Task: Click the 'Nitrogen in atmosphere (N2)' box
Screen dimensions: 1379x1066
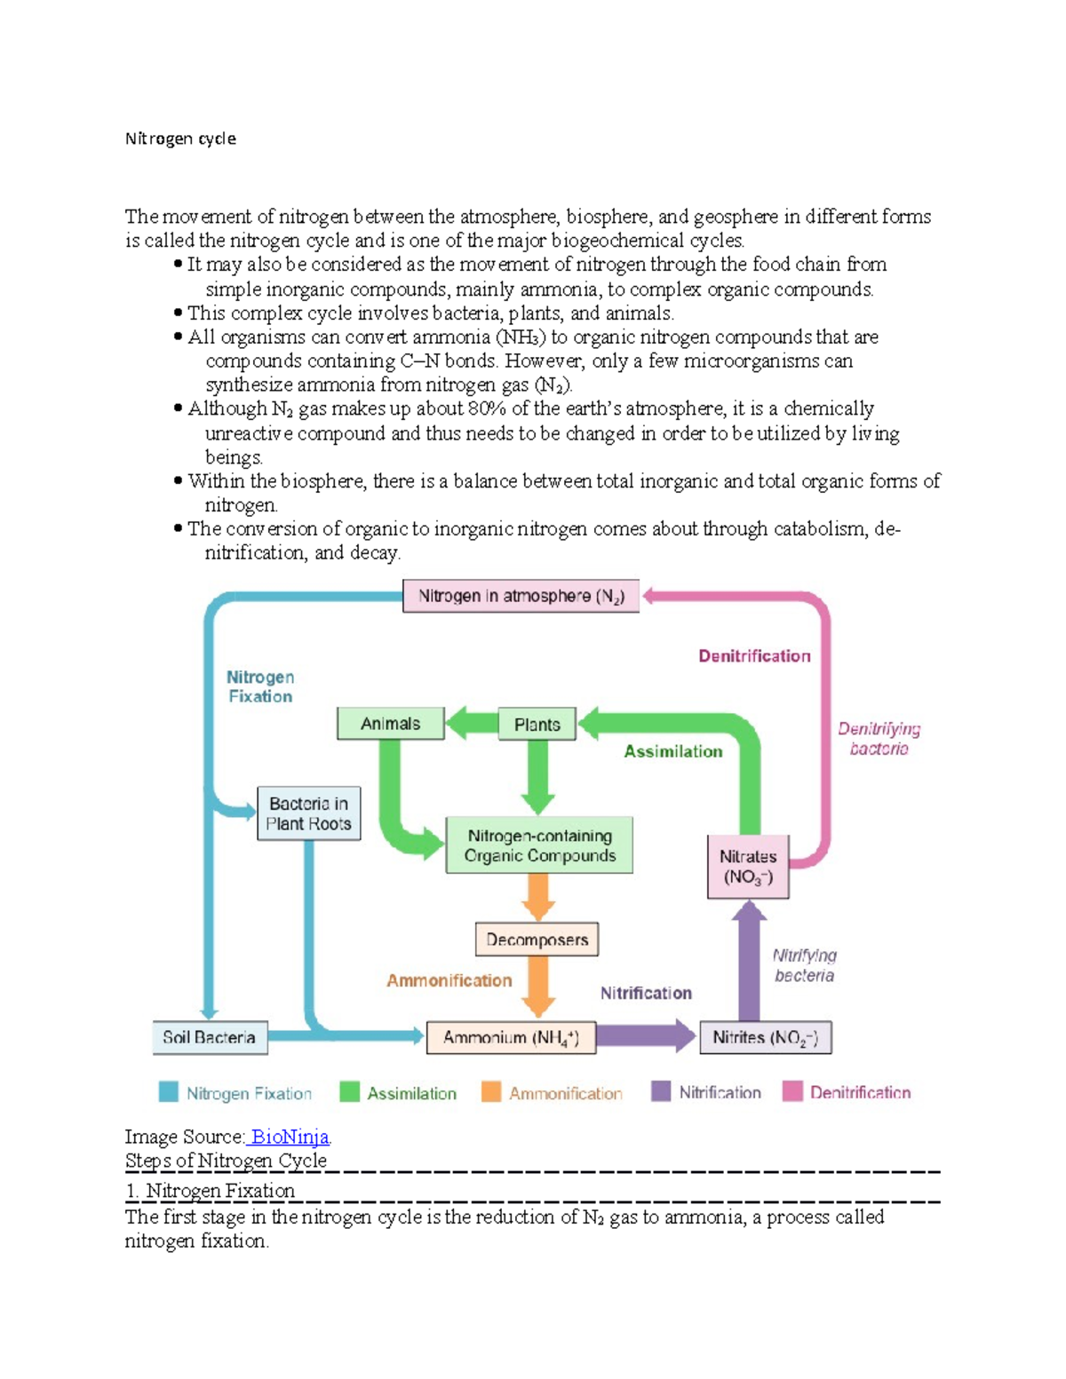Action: click(x=521, y=596)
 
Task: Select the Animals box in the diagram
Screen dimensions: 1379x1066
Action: click(x=390, y=724)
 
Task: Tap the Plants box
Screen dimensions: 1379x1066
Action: click(x=537, y=725)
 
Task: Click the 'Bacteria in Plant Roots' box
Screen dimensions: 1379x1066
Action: click(x=308, y=813)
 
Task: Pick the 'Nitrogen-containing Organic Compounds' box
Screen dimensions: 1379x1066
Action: click(x=539, y=845)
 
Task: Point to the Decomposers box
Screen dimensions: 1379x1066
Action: click(x=537, y=939)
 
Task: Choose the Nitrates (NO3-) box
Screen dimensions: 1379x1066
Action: click(x=748, y=867)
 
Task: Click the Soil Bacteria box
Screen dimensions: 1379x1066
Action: click(x=210, y=1037)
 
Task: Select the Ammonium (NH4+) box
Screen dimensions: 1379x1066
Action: click(x=511, y=1037)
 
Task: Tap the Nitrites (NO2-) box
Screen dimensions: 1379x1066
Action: click(x=765, y=1037)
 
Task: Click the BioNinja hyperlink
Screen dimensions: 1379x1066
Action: click(x=290, y=1137)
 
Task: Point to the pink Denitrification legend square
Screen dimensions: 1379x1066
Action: click(x=792, y=1091)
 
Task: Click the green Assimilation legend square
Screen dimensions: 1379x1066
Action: click(x=349, y=1091)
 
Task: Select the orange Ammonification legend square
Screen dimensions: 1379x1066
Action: click(x=491, y=1091)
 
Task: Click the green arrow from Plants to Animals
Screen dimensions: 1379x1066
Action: click(x=471, y=724)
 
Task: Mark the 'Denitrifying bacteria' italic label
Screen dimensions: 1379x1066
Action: click(x=879, y=739)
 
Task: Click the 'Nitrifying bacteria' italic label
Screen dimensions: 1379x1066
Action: click(x=804, y=965)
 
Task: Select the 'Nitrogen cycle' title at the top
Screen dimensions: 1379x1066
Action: click(x=180, y=139)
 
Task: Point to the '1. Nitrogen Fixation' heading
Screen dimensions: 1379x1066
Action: click(x=211, y=1191)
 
